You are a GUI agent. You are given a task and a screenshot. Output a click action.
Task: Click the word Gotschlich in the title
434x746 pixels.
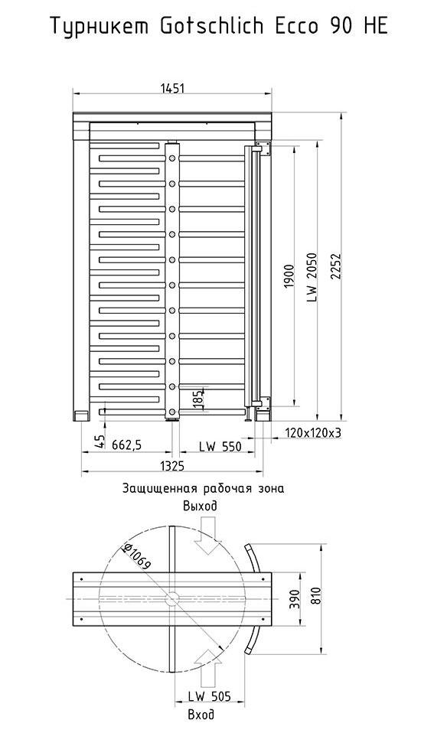point(212,26)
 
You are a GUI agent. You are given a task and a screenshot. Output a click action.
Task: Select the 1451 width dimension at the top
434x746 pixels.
point(172,88)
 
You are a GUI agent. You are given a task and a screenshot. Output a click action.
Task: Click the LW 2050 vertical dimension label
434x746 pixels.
point(312,275)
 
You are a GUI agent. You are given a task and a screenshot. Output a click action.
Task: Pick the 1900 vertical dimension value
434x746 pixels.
point(289,275)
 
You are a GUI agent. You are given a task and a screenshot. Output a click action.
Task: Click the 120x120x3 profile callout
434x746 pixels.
point(314,432)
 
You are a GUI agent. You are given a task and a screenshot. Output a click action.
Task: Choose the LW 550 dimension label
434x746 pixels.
point(220,446)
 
